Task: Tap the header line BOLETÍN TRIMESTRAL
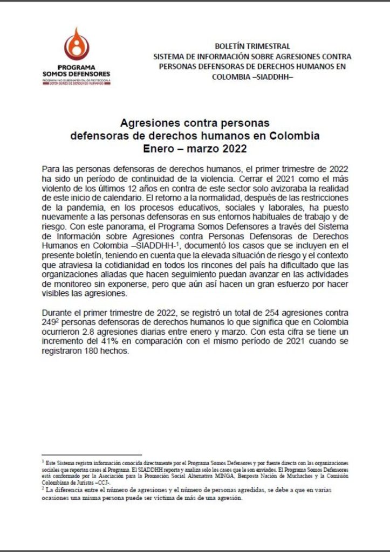(x=252, y=46)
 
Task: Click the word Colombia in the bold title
(x=293, y=135)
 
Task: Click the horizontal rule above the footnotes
(x=91, y=455)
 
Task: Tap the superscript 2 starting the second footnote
(x=43, y=488)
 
